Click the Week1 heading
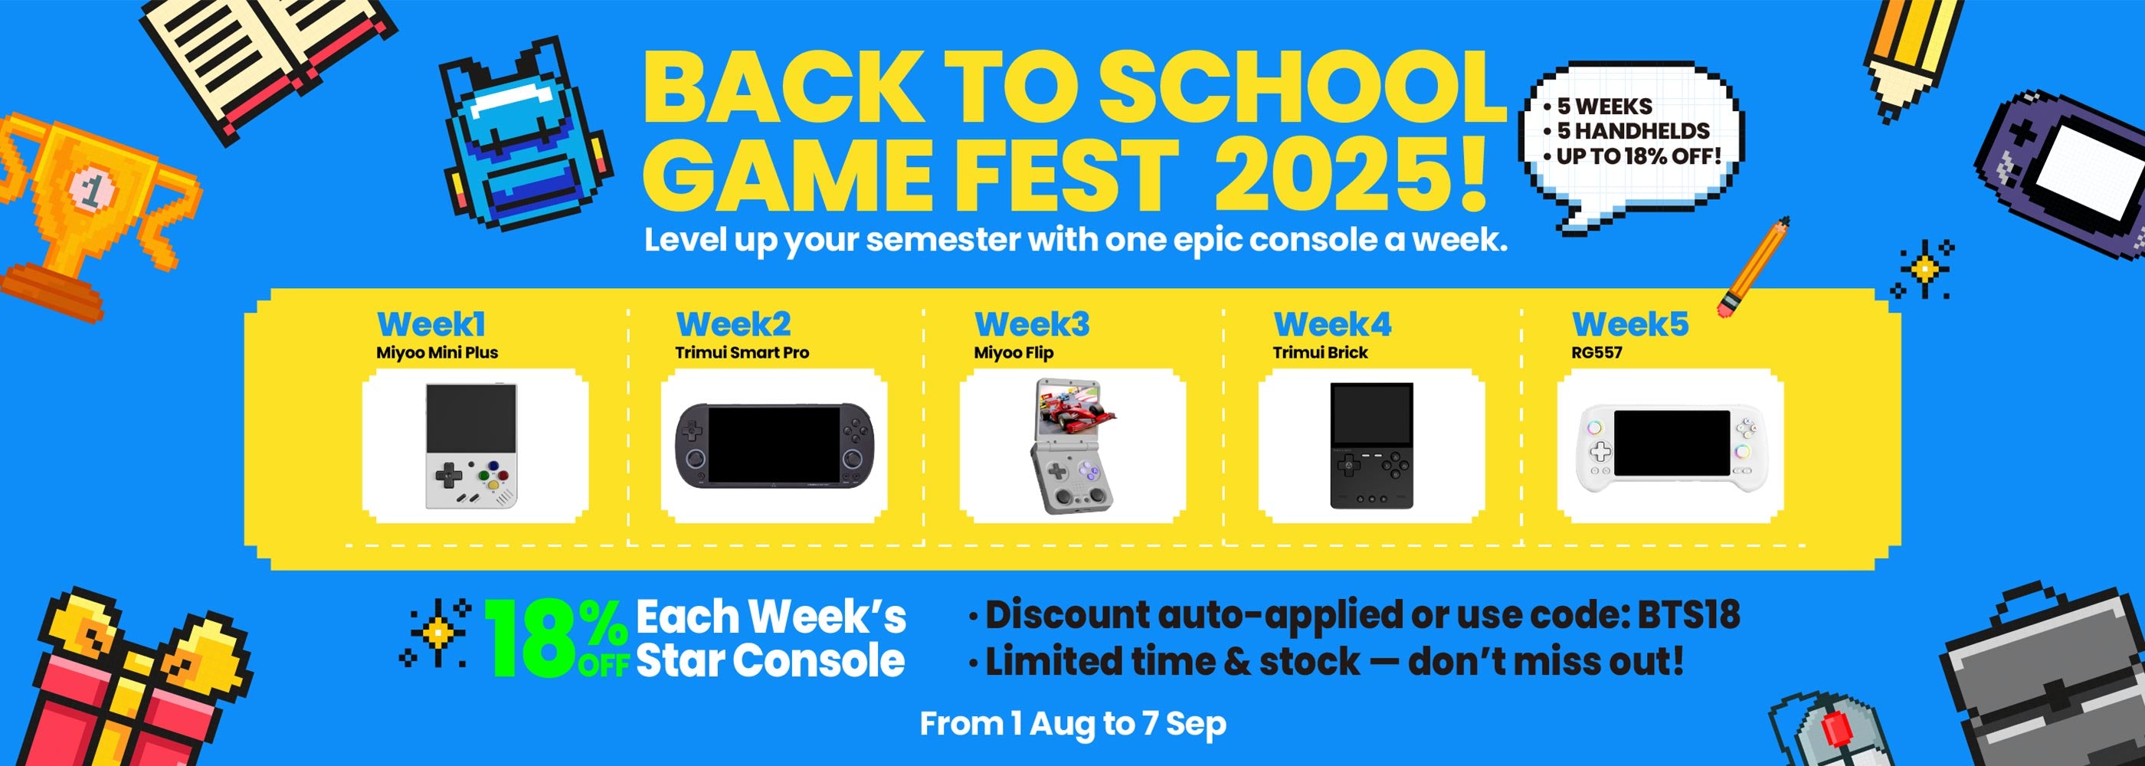tap(431, 324)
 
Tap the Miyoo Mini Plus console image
tap(471, 446)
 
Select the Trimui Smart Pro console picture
tap(774, 447)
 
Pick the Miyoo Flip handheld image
tap(1072, 446)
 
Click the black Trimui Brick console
tap(1371, 446)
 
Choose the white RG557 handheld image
tap(1670, 448)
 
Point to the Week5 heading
tap(1629, 324)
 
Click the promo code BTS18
tap(1688, 615)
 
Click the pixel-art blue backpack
tap(525, 133)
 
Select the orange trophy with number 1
tap(92, 217)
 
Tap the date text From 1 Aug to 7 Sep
tap(1072, 724)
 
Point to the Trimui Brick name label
tap(1320, 352)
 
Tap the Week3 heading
tap(1032, 324)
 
